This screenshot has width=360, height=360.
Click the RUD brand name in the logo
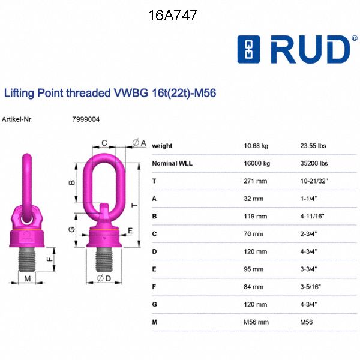coord(310,50)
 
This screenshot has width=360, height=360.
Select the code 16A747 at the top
coord(173,16)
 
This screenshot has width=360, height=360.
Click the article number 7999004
coord(86,119)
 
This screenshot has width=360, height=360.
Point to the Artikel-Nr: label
coord(18,119)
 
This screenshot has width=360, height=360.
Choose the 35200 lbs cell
coord(314,163)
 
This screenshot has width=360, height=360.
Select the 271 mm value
coord(254,181)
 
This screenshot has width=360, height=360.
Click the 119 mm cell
coord(254,216)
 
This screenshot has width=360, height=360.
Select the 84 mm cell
coord(253,287)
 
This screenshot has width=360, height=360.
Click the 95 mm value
coord(253,269)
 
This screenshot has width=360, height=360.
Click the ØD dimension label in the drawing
coord(103,278)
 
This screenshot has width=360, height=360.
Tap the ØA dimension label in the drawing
coord(139,143)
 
